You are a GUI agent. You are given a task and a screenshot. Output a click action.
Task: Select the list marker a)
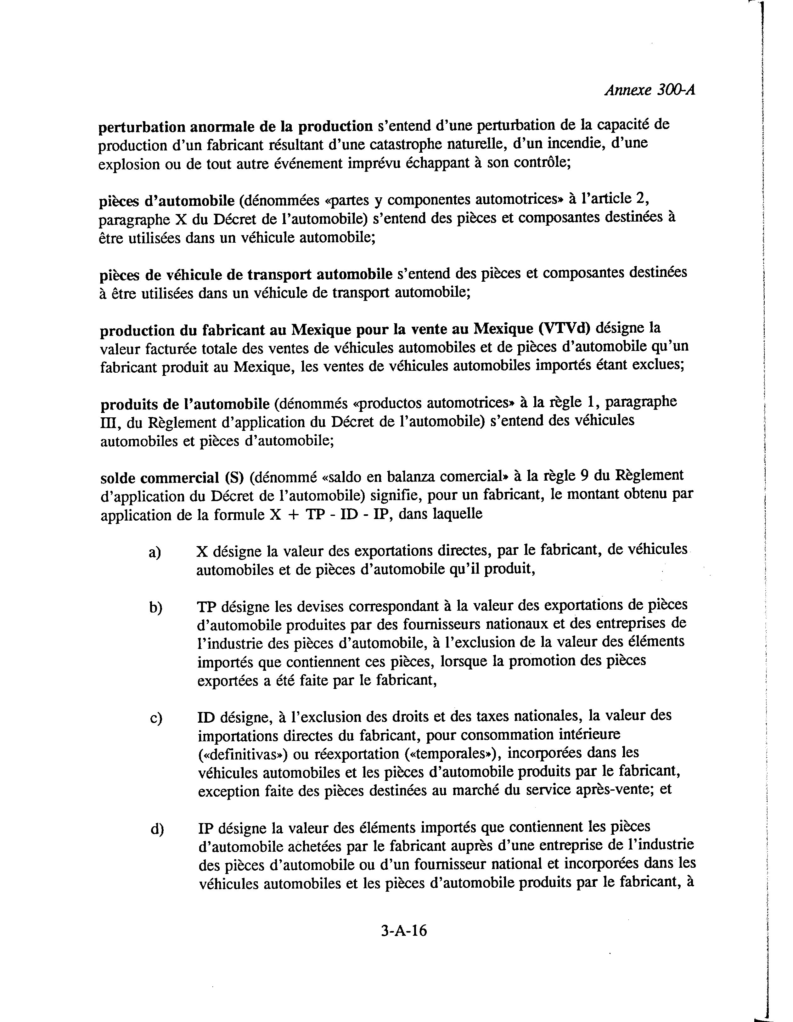tap(155, 553)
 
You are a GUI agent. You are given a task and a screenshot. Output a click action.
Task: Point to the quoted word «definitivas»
tap(242, 755)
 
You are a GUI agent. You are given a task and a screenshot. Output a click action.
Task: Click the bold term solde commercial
tap(160, 478)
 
